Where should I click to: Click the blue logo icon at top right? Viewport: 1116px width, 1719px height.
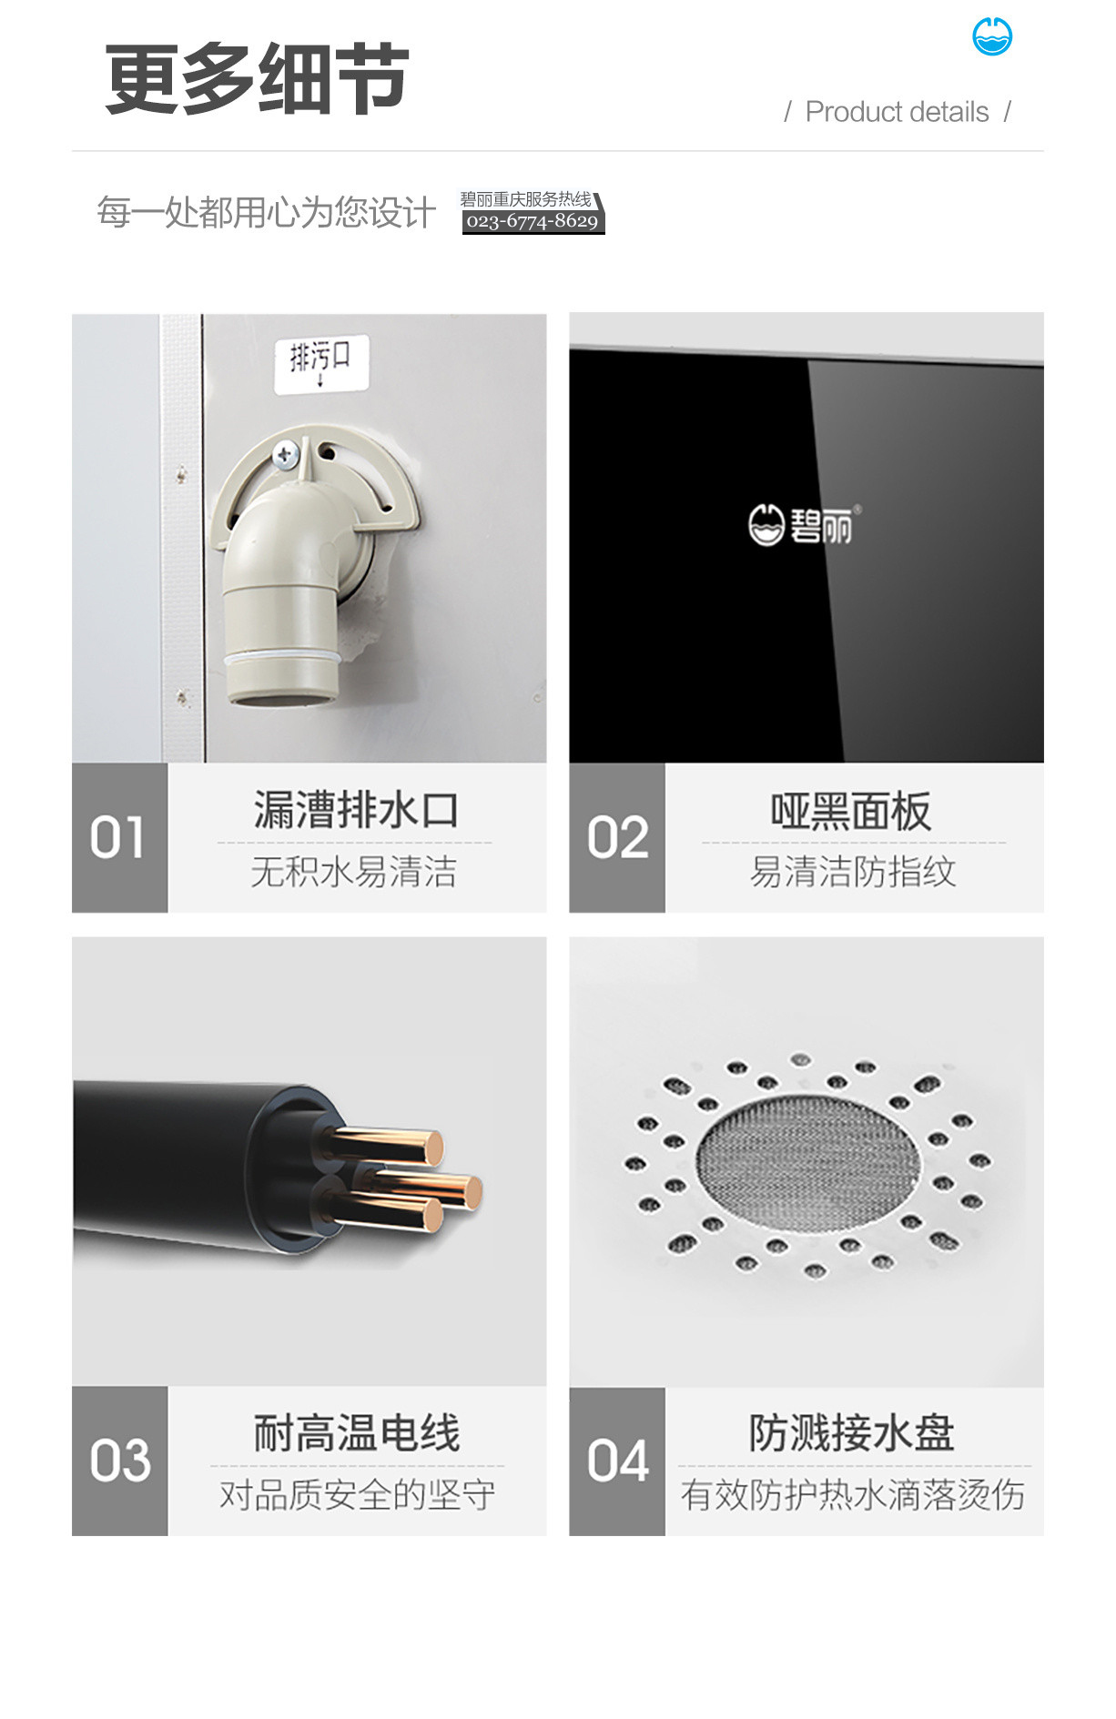991,37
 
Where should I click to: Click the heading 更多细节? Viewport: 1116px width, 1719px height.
257,79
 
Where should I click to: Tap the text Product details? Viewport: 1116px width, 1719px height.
897,112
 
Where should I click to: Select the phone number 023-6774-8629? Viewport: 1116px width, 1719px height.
533,221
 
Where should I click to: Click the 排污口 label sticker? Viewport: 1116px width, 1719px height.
321,363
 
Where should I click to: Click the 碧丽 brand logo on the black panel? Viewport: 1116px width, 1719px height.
804,524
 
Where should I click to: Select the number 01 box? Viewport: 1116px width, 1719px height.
119,837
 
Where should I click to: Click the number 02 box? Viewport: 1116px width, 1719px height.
617,837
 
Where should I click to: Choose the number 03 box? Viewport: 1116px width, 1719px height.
119,1461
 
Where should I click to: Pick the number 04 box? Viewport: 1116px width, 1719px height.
617,1461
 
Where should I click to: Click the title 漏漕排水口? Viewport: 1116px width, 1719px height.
356,810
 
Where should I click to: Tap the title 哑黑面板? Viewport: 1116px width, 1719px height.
851,811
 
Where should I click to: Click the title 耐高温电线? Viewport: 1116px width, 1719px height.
357,1433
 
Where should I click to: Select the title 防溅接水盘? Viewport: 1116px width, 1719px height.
852,1433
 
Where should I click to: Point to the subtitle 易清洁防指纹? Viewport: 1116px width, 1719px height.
853,872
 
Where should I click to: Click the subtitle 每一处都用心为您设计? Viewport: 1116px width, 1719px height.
266,212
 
